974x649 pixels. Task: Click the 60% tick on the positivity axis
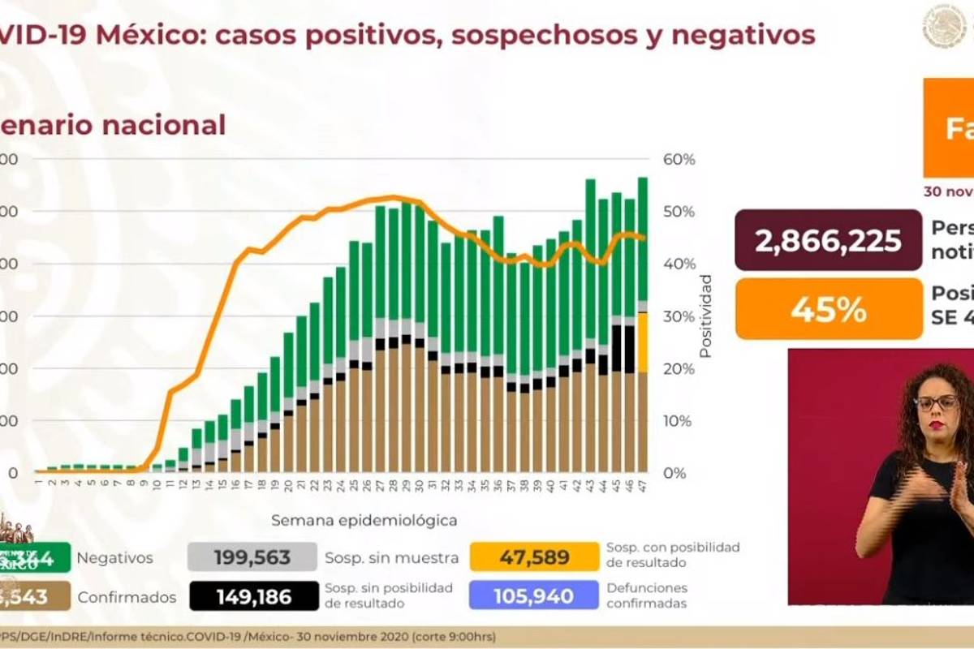coord(679,160)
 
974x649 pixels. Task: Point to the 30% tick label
coord(679,316)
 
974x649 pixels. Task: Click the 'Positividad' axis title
coord(705,316)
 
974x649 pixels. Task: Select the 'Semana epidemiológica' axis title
coord(364,519)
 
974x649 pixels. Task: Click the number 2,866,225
coord(828,241)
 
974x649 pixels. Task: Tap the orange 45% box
coord(828,309)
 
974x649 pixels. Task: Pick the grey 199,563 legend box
coord(252,557)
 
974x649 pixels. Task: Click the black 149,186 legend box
coord(253,597)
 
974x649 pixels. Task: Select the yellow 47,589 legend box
coord(532,557)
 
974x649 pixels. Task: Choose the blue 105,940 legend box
coord(532,597)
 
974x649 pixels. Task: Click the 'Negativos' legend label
coord(114,558)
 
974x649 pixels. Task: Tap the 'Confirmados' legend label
coord(127,598)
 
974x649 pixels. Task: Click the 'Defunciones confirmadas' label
coord(646,595)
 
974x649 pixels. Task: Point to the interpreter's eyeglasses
coord(936,402)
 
